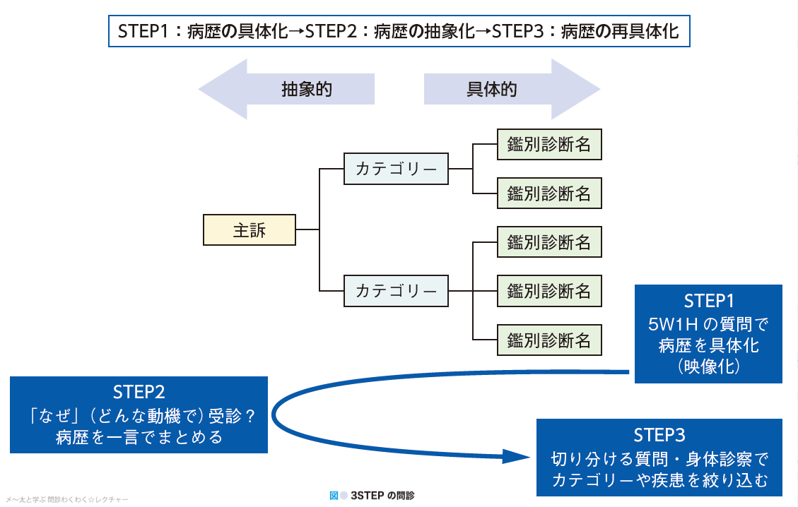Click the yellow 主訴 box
(x=249, y=229)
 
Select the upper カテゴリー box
(x=396, y=169)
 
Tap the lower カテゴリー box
(x=396, y=290)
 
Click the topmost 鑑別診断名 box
(x=549, y=144)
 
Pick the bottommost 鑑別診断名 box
(x=549, y=340)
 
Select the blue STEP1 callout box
(x=708, y=333)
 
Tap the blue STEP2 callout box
(x=139, y=414)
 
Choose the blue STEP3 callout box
(x=659, y=458)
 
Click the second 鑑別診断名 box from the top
(x=549, y=193)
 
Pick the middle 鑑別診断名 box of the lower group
(x=549, y=290)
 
